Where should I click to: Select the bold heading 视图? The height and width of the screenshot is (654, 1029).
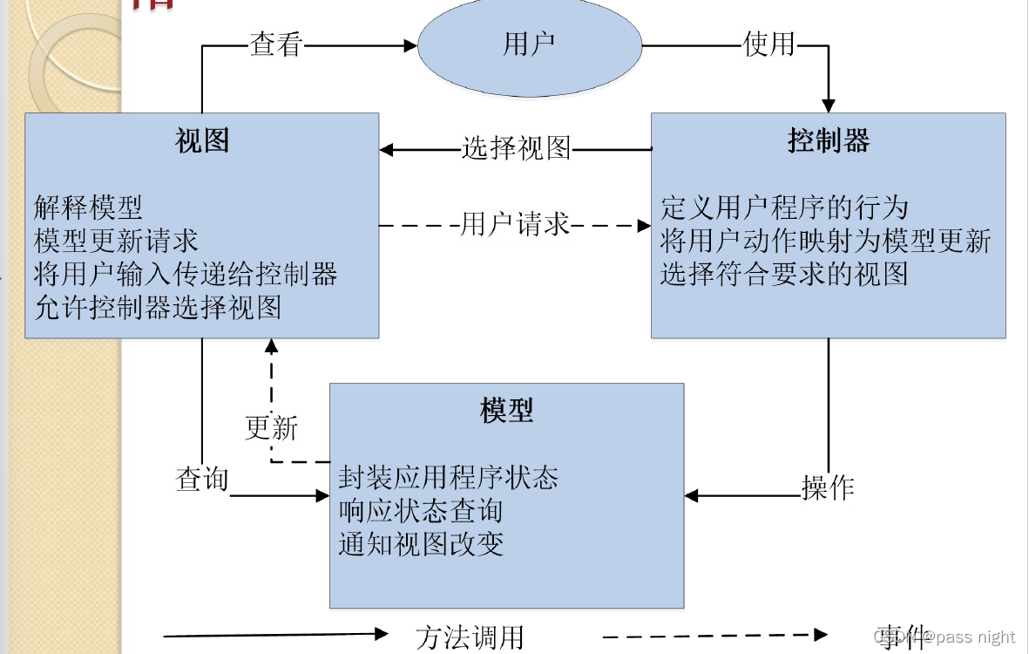(202, 140)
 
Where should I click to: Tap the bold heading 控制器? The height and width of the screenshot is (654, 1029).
(829, 140)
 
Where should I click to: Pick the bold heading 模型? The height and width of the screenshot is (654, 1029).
(506, 411)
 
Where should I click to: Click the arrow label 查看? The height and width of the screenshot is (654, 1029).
(276, 44)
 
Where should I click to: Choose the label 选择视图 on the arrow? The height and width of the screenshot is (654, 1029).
(516, 149)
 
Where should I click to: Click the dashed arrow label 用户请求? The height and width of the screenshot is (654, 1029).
(515, 225)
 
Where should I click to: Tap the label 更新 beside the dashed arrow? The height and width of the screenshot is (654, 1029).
(272, 428)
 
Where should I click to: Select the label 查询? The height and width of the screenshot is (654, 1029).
(202, 479)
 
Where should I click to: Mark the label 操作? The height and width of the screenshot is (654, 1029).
(827, 487)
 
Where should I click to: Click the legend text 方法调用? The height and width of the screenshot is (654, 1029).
(470, 637)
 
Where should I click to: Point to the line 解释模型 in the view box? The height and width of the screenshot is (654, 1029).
(88, 208)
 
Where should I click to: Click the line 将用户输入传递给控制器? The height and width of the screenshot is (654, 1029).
(186, 274)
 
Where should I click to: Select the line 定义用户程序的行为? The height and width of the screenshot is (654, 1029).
(784, 208)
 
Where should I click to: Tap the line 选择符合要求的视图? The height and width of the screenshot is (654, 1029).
(784, 274)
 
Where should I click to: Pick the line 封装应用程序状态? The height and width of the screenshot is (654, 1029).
(448, 478)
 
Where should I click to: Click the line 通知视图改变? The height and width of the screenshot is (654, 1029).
(421, 544)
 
